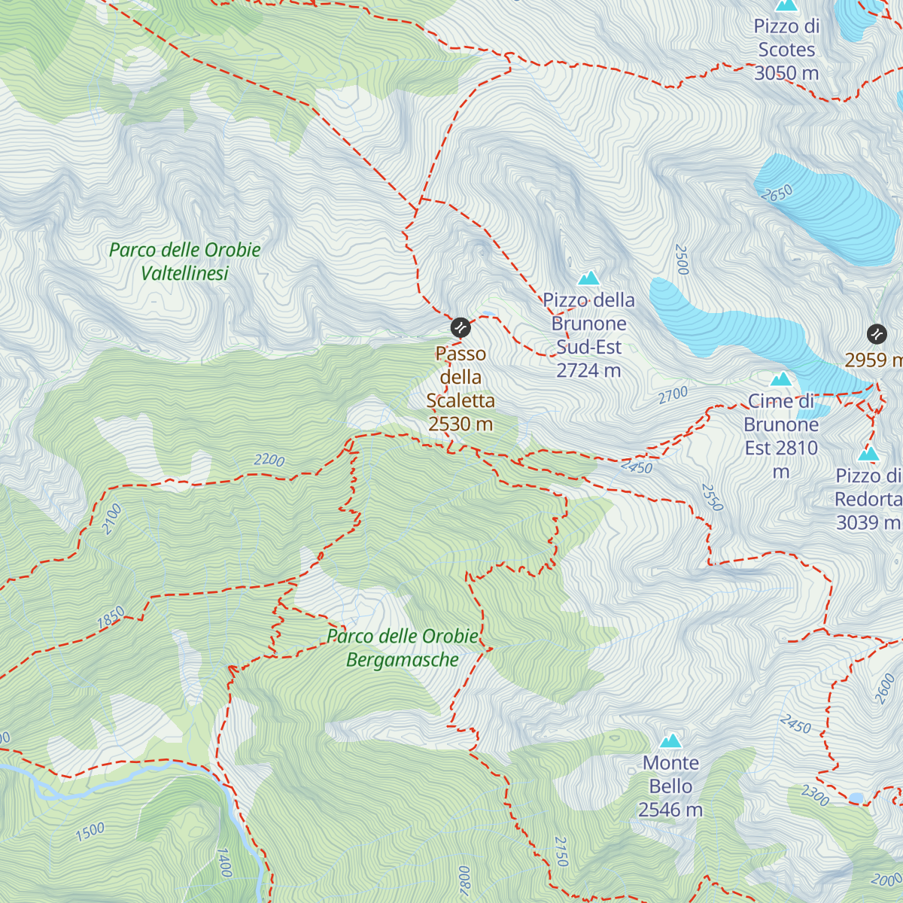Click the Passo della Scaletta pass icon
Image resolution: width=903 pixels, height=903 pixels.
click(x=461, y=327)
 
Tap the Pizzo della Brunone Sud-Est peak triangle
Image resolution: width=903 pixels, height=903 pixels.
click(x=588, y=278)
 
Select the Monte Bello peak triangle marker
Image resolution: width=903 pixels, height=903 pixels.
click(x=670, y=740)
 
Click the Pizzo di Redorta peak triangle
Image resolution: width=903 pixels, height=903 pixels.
click(x=868, y=454)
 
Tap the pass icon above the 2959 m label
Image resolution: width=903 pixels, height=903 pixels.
click(x=876, y=333)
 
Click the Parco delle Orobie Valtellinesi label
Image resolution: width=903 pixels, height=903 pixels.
click(x=185, y=261)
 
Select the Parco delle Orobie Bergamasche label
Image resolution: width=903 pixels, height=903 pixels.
click(x=403, y=648)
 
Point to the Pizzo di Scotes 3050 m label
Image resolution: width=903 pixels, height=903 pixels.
click(x=786, y=50)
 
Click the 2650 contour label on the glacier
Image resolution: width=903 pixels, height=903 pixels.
click(x=777, y=193)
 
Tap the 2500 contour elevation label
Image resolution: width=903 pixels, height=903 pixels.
click(x=682, y=259)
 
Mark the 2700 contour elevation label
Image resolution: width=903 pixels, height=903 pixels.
click(x=673, y=394)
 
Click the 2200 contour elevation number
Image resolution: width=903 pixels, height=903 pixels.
click(x=269, y=460)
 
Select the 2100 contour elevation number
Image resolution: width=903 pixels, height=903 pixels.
click(x=111, y=519)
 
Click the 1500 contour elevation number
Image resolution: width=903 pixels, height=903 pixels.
click(x=90, y=832)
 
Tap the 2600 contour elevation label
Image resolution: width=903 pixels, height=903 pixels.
click(x=885, y=689)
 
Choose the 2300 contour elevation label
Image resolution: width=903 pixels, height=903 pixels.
click(x=815, y=795)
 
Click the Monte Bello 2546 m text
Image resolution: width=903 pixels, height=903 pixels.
click(x=670, y=786)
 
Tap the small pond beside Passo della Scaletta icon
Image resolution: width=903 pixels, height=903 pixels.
click(x=488, y=313)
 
